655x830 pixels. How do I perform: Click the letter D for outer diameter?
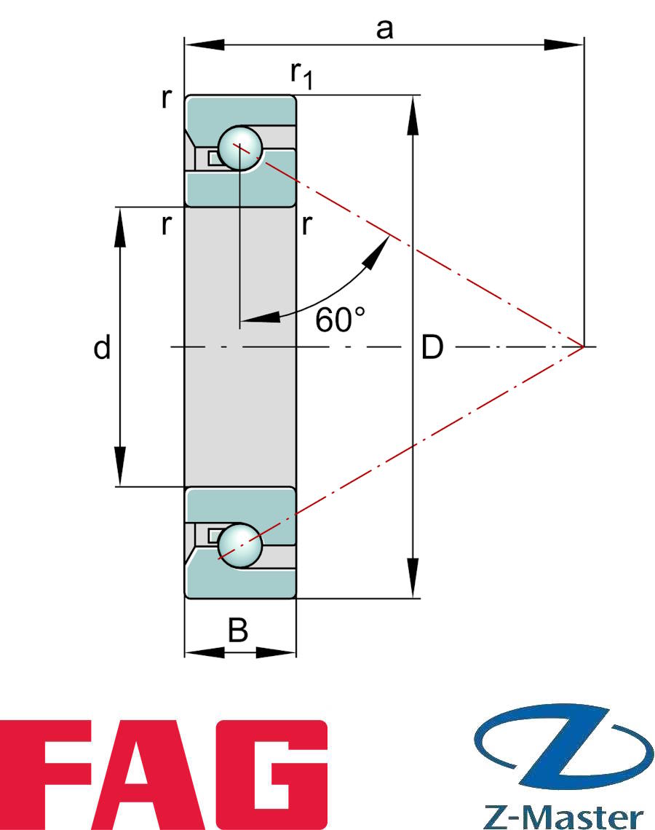(432, 349)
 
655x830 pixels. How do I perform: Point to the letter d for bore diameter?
(102, 349)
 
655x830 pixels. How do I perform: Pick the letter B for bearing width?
(238, 631)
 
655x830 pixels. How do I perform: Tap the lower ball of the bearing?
(240, 543)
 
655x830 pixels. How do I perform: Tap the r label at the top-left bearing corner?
(167, 99)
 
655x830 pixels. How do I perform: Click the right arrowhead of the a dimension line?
(568, 46)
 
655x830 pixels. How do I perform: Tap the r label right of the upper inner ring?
(306, 226)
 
